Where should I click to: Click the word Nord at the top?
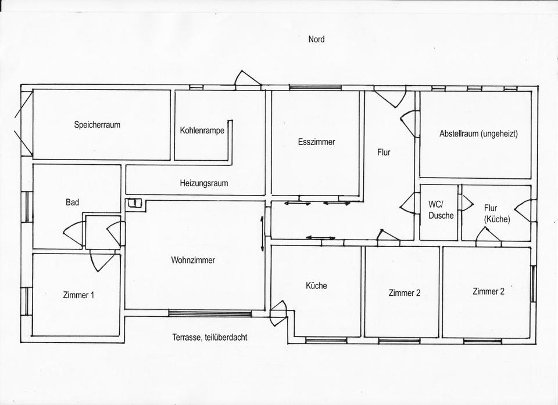pyautogui.click(x=316, y=39)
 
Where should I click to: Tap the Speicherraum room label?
pyautogui.click(x=97, y=125)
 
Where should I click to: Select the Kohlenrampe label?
pyautogui.click(x=202, y=131)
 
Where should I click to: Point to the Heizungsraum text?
pyautogui.click(x=204, y=183)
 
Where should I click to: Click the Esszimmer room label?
pyautogui.click(x=316, y=142)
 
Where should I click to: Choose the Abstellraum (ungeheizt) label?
pyautogui.click(x=478, y=134)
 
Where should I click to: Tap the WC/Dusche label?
pyautogui.click(x=441, y=210)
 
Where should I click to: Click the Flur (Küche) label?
pyautogui.click(x=497, y=214)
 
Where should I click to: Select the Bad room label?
pyautogui.click(x=72, y=202)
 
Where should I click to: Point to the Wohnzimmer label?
pyautogui.click(x=193, y=260)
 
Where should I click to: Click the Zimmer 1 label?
pyautogui.click(x=78, y=295)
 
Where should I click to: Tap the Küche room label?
pyautogui.click(x=316, y=285)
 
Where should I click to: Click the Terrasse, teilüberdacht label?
pyautogui.click(x=210, y=337)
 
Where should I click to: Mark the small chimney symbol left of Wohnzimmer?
pyautogui.click(x=135, y=203)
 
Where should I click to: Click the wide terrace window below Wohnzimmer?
pyautogui.click(x=210, y=313)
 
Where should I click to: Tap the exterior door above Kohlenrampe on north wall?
pyautogui.click(x=248, y=79)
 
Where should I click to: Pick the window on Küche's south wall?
pyautogui.click(x=326, y=341)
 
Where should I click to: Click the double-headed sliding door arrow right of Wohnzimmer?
pyautogui.click(x=262, y=233)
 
